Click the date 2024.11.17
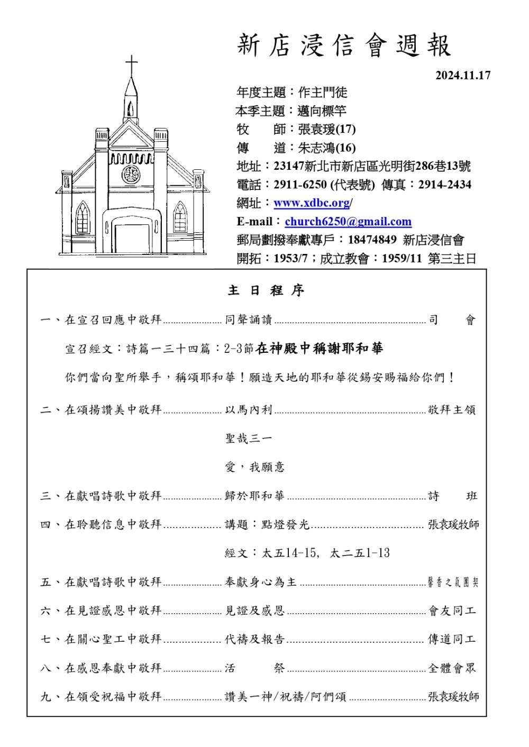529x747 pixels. pos(463,75)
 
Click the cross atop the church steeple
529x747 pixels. pos(131,66)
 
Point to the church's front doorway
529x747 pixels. pos(132,238)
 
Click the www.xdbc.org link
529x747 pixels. pos(312,203)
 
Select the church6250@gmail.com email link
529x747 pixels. pos(348,222)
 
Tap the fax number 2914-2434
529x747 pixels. pos(444,185)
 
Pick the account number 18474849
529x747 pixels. pos(372,240)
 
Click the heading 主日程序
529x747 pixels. pos(266,290)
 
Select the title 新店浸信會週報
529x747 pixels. pos(344,45)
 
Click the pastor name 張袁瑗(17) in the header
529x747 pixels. pos(326,129)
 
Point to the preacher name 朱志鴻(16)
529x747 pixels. pos(326,148)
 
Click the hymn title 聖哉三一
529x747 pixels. pos(248,439)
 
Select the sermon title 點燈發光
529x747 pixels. pos(285,524)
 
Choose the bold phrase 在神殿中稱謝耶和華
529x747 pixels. pos(319,348)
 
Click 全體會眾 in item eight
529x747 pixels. pos(452,668)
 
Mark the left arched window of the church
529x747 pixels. pos(83,218)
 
